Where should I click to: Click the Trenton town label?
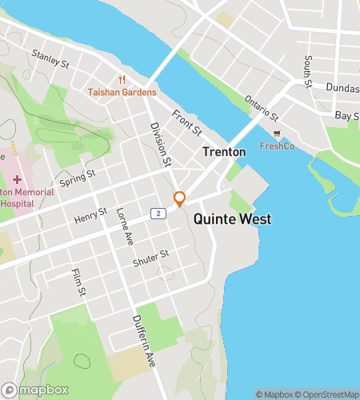point(223,152)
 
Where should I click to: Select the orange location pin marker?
point(180,199)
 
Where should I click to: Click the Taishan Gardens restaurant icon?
point(122,79)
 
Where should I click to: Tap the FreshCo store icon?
point(277,134)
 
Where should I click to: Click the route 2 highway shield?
point(160,213)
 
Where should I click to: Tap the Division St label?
point(161,144)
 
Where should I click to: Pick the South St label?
point(307,71)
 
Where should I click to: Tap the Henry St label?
point(90,215)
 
